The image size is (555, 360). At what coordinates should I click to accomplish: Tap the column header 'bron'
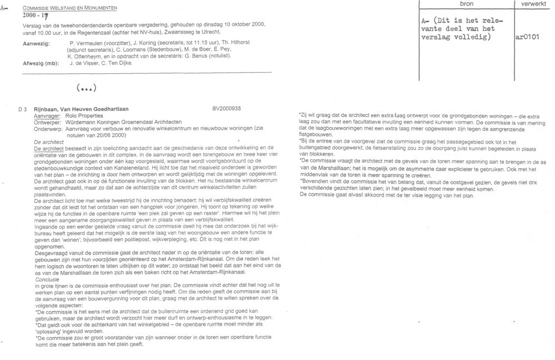[x=467, y=4]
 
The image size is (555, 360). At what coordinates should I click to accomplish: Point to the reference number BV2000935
[x=226, y=110]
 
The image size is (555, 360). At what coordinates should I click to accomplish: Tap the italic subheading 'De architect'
[x=49, y=143]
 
